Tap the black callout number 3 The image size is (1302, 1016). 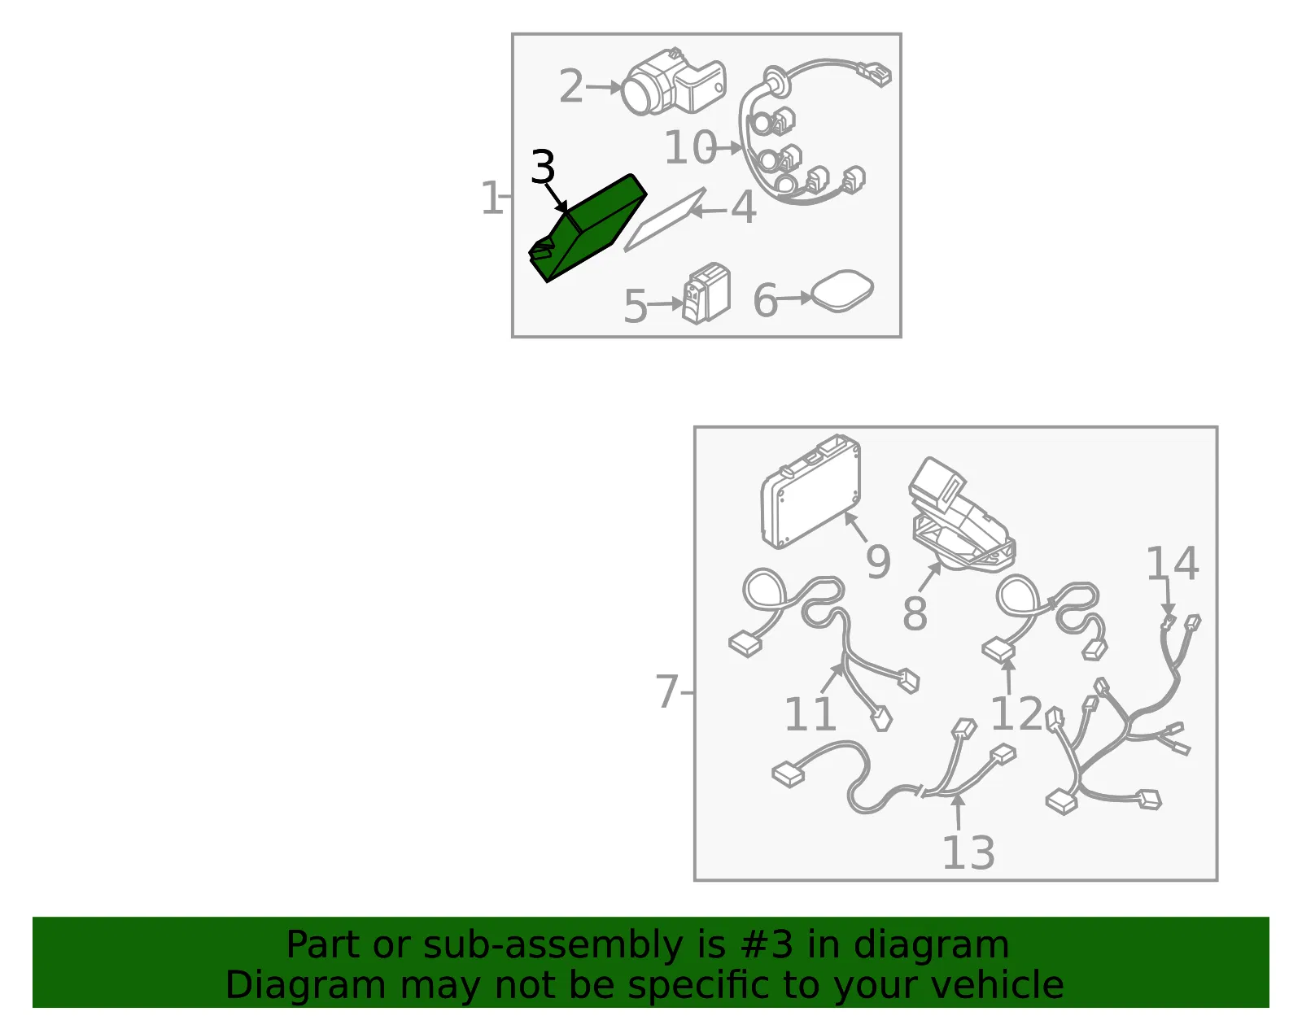(543, 167)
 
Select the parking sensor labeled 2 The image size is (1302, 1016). (672, 83)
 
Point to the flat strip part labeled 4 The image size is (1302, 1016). (665, 220)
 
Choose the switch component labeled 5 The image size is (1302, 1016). (707, 294)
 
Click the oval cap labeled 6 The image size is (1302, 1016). (842, 291)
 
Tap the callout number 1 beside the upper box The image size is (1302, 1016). (492, 198)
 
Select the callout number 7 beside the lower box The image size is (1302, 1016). (667, 691)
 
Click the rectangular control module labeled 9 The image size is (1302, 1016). (810, 491)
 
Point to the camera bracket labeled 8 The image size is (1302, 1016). (962, 515)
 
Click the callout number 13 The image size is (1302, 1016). (969, 852)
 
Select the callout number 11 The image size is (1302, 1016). (810, 713)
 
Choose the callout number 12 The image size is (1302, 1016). (1017, 713)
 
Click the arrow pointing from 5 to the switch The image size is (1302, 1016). (665, 304)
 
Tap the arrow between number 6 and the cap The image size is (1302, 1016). (794, 299)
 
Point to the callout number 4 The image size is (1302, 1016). (744, 207)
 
